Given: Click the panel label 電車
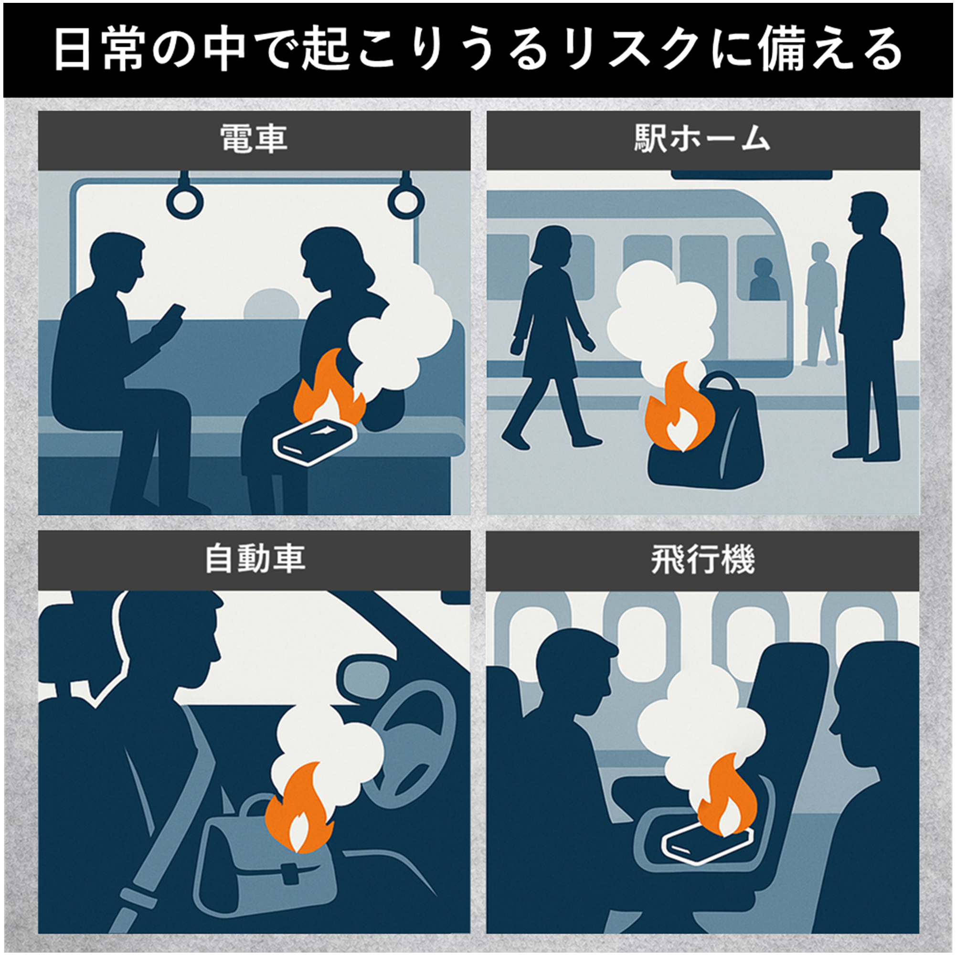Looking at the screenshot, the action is tap(254, 138).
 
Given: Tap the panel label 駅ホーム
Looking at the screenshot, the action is tap(702, 138).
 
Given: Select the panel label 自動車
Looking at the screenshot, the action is tap(255, 559).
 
